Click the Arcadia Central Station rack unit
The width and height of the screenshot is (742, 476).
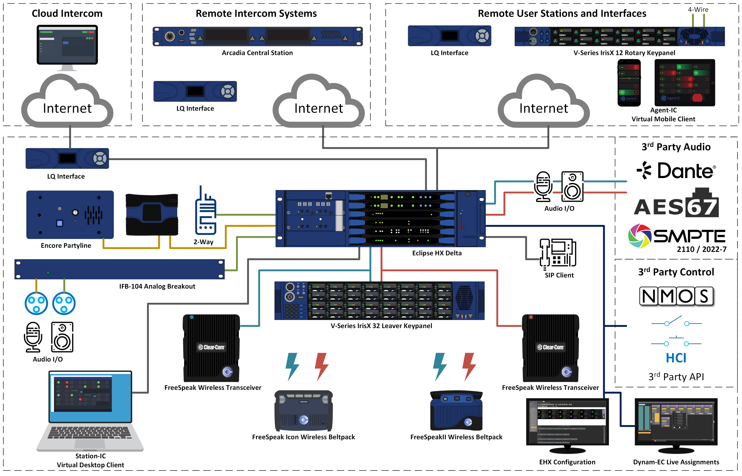[x=257, y=37]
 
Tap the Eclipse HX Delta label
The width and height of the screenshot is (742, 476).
[x=436, y=253]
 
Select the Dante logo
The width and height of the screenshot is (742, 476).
[x=676, y=171]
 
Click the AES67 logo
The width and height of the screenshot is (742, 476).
[x=676, y=204]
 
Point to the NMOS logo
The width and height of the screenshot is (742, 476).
[x=676, y=296]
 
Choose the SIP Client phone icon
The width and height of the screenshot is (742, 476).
[x=558, y=253]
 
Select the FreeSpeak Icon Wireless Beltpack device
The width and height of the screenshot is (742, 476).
[x=304, y=411]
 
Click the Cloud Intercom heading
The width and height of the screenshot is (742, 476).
[x=67, y=14]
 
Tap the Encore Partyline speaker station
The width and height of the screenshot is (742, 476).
[x=70, y=214]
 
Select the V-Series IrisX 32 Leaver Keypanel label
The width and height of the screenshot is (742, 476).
[x=381, y=326]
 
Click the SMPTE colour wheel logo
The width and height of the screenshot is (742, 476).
[x=639, y=236]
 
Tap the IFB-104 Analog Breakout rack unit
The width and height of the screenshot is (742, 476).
[x=119, y=269]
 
